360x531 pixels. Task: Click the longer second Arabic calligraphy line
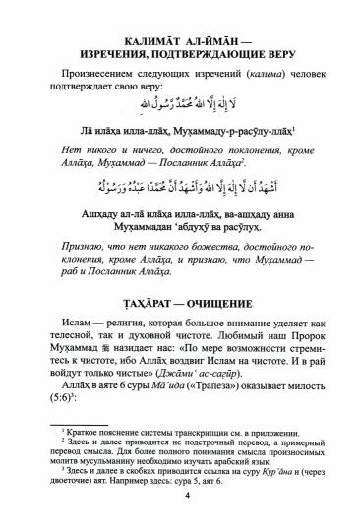[x=180, y=186]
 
